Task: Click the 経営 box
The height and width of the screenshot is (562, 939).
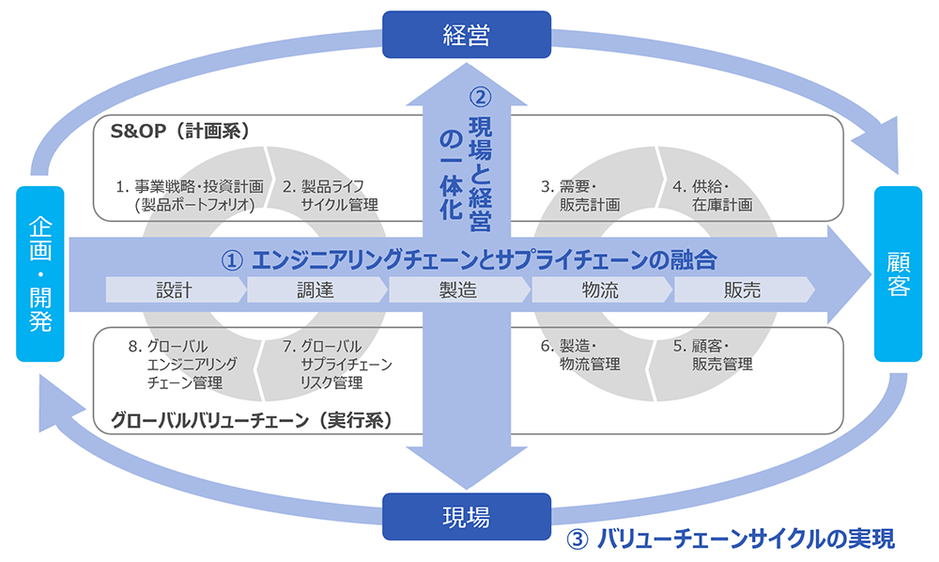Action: click(467, 35)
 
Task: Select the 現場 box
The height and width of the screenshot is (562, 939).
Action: click(467, 516)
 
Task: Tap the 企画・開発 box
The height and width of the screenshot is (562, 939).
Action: click(39, 273)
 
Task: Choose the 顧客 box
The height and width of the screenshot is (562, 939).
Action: click(899, 273)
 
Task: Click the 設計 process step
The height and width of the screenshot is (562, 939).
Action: click(175, 290)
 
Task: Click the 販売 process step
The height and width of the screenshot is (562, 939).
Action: click(742, 290)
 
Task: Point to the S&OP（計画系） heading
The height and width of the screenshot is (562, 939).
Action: click(179, 132)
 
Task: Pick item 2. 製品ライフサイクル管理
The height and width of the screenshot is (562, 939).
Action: click(331, 195)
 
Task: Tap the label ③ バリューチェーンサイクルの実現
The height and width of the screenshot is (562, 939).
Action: click(731, 539)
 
